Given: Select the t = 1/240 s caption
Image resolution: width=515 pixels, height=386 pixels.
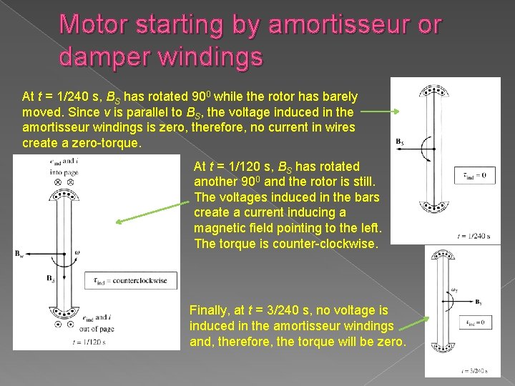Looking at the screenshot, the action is click(x=474, y=235).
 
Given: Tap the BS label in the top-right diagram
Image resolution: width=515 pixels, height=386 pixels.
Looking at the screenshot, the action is click(x=401, y=141).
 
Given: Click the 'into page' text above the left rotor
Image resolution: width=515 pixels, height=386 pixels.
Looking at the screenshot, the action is click(x=53, y=172).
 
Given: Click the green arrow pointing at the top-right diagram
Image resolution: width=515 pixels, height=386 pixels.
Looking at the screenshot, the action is click(x=383, y=112).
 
